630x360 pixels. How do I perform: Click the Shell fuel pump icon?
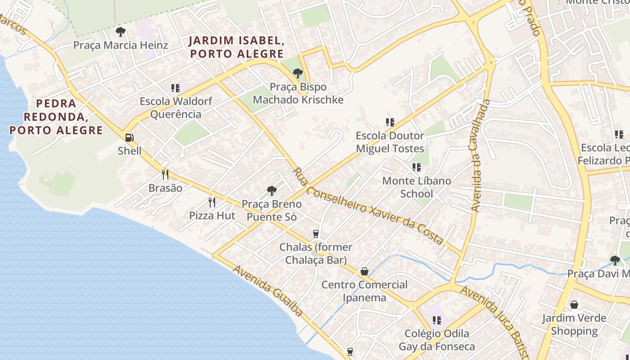tap(129, 138)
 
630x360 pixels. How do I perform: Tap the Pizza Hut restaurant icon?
tap(212, 202)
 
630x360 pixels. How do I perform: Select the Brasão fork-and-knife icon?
tap(165, 175)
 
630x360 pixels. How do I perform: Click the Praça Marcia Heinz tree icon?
tap(120, 32)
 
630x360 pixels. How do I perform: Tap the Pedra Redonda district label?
tap(56, 117)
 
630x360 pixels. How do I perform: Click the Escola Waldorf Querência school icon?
tap(175, 88)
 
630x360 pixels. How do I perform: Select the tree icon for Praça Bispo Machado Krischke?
tap(297, 73)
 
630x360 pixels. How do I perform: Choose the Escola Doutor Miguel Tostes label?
tap(390, 142)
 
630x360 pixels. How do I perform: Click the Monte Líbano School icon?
tap(417, 167)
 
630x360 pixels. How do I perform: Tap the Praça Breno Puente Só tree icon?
tap(271, 191)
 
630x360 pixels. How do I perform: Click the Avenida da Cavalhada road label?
tap(480, 156)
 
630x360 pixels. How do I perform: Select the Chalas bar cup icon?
tap(316, 234)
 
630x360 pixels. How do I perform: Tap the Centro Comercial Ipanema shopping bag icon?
tap(364, 272)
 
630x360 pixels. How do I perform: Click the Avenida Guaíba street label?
tap(268, 290)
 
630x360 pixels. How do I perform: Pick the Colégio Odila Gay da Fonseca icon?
tap(436, 320)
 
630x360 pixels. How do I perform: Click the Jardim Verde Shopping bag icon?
tap(574, 305)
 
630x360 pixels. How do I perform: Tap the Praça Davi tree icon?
tap(615, 260)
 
